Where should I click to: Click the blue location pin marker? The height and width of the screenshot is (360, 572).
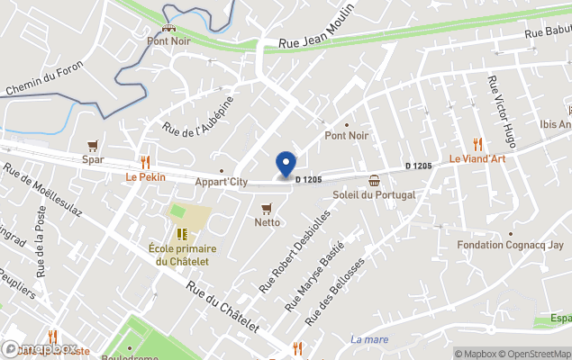click(x=286, y=165)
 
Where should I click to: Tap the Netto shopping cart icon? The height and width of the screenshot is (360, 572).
click(x=267, y=208)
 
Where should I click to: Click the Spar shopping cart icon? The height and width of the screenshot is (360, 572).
click(x=92, y=146)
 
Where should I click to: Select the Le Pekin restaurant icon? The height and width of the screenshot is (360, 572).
click(x=145, y=163)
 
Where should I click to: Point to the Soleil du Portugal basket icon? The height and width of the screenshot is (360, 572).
click(x=375, y=180)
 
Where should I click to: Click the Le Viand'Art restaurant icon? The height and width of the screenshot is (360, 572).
click(x=477, y=144)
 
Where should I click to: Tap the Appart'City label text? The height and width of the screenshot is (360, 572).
click(x=222, y=182)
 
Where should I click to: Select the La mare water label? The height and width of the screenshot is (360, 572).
click(x=369, y=339)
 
